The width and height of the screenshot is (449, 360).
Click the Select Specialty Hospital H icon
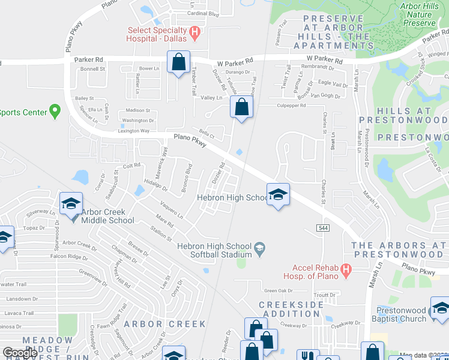pyautogui.click(x=194, y=31)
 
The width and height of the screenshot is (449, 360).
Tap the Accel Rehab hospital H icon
pyautogui.click(x=346, y=271)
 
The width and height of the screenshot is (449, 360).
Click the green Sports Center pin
pyautogui.click(x=55, y=111)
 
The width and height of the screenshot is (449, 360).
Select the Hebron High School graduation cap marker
pyautogui.click(x=278, y=194)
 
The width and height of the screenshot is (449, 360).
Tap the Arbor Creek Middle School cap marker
pyautogui.click(x=71, y=204)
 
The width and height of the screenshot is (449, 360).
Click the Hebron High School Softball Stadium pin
pyautogui.click(x=259, y=247)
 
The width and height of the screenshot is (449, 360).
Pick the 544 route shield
pyautogui.click(x=323, y=228)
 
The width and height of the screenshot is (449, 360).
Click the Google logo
pyautogui.click(x=20, y=353)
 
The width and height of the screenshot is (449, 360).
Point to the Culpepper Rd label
pyautogui.click(x=291, y=105)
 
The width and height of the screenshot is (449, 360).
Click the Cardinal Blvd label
pyautogui.click(x=203, y=13)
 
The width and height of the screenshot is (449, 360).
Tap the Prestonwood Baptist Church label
pyautogui.click(x=401, y=314)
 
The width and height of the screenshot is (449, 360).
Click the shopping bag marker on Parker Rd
pyautogui.click(x=179, y=62)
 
